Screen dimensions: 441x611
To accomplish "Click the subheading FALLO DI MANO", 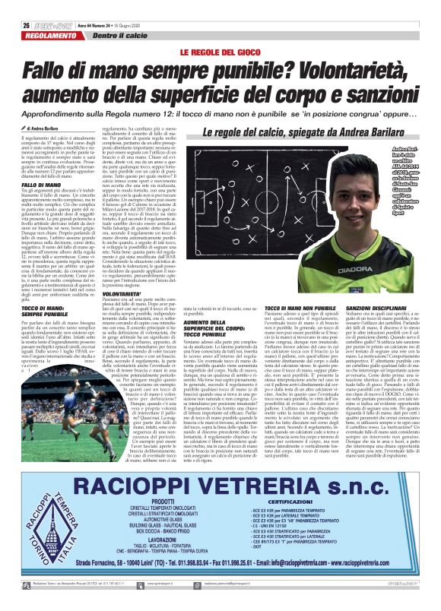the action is pos(36,185).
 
